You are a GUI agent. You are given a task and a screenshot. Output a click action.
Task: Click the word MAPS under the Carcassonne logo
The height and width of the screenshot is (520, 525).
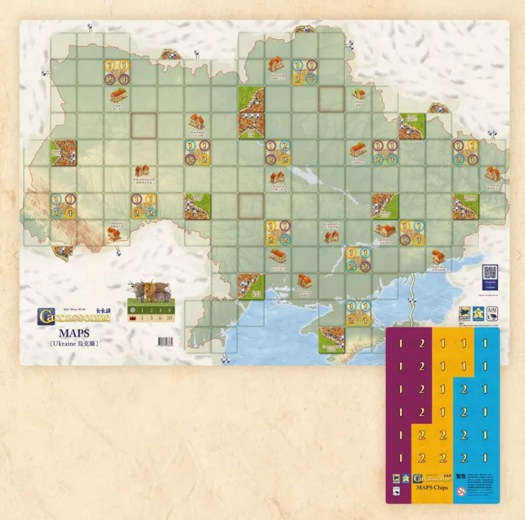click(x=74, y=332)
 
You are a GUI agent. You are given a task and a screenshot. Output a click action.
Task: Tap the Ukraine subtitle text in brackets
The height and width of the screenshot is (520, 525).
click(x=74, y=344)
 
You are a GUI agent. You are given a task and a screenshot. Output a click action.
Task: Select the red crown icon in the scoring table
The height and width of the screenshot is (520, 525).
click(x=131, y=320)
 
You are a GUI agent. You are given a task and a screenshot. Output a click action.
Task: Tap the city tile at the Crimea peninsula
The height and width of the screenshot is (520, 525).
click(x=331, y=340)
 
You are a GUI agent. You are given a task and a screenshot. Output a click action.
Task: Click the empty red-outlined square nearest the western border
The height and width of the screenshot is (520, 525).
click(x=143, y=126)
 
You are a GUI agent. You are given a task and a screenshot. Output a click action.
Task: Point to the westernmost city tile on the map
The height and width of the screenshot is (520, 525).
click(x=64, y=152)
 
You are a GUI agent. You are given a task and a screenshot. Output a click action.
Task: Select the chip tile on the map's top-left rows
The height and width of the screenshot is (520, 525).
click(x=117, y=72)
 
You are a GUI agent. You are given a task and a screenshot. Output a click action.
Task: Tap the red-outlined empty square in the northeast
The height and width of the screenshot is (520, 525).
click(x=331, y=99)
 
